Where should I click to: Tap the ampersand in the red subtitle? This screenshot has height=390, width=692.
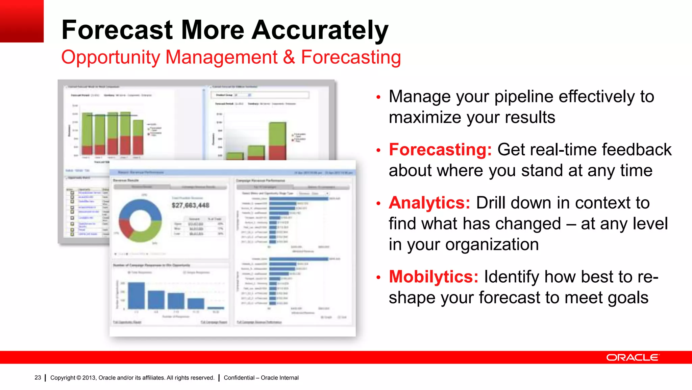[x=289, y=57]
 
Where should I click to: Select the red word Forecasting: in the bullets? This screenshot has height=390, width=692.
[x=440, y=150]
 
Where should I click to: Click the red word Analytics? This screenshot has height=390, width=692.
[x=429, y=203]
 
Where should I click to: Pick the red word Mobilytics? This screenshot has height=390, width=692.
[x=434, y=277]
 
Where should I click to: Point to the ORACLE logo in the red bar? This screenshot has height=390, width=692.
[x=632, y=357]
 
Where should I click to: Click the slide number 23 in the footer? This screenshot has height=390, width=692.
[x=38, y=377]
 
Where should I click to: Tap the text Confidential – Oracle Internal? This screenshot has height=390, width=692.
[x=261, y=377]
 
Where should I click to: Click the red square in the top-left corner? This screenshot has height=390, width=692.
[x=22, y=21]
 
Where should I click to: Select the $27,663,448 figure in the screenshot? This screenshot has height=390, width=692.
[x=191, y=205]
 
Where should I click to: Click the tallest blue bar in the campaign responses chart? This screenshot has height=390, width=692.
[x=137, y=295]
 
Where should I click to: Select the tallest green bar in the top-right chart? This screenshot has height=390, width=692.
[x=277, y=134]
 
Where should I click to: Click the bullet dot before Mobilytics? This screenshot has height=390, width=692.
[x=378, y=278]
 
